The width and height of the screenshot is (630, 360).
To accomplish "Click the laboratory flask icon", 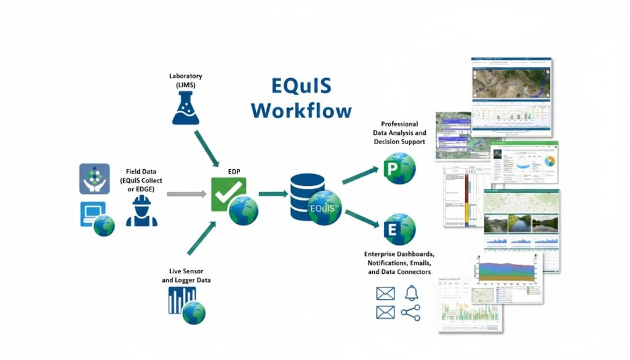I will click(x=185, y=108).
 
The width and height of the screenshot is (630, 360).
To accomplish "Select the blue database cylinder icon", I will click(x=308, y=196).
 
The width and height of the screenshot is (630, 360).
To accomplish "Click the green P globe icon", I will click(x=397, y=168).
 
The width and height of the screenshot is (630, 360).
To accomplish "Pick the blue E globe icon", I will click(x=397, y=229).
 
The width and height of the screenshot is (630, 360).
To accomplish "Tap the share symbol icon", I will click(x=410, y=313).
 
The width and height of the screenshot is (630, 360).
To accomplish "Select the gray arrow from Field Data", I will click(x=186, y=194).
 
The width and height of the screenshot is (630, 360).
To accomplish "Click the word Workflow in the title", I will click(x=301, y=111).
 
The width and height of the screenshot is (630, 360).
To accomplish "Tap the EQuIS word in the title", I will click(x=301, y=86).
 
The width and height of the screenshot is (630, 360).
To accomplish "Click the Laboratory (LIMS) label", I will click(x=185, y=79).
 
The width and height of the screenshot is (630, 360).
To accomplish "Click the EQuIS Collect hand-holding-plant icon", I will click(x=95, y=178).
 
